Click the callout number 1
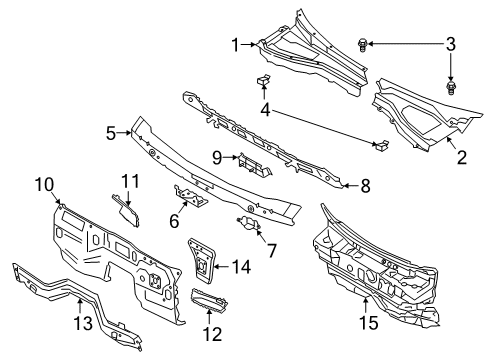pyautogui.click(x=235, y=44)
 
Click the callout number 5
pyautogui.click(x=113, y=130)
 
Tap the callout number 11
pyautogui.click(x=127, y=180)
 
